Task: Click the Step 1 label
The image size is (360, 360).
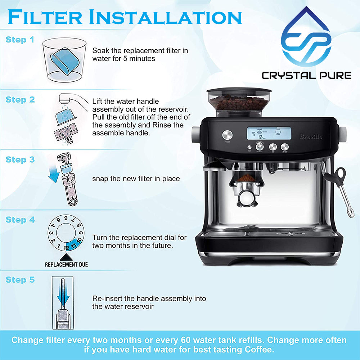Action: pyautogui.click(x=20, y=40)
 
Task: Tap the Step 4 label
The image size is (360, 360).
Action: pyautogui.click(x=20, y=220)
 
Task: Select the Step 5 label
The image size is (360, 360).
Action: pyautogui.click(x=20, y=280)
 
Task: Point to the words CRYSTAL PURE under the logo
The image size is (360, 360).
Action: pyautogui.click(x=306, y=75)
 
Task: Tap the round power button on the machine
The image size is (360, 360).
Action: pyautogui.click(x=227, y=135)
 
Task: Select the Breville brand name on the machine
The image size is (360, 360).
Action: pyautogui.click(x=311, y=137)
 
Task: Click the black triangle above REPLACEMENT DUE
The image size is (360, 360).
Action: pyautogui.click(x=66, y=257)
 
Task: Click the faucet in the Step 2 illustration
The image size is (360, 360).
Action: pyautogui.click(x=71, y=99)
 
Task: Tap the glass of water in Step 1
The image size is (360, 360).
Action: pyautogui.click(x=65, y=59)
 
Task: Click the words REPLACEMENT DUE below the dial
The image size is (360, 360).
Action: pyautogui.click(x=66, y=265)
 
